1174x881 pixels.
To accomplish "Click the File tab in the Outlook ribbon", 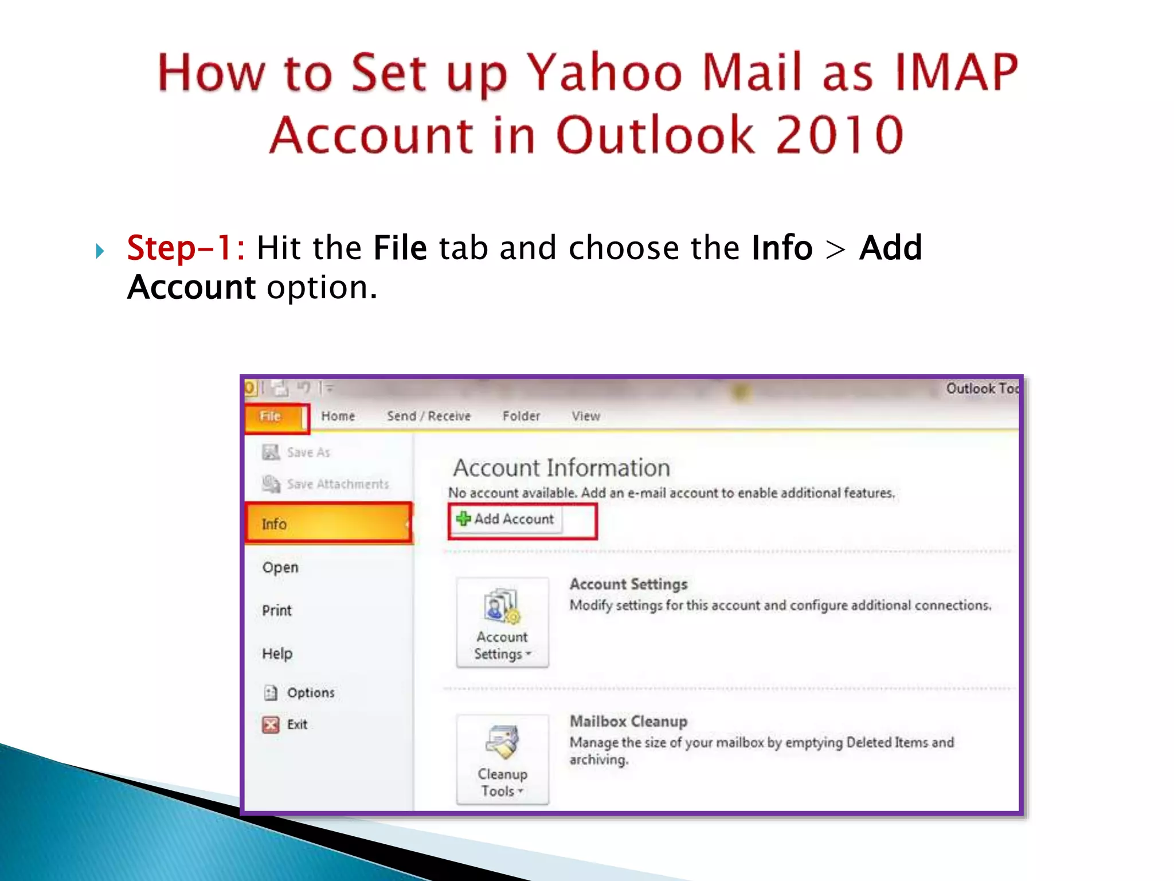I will pos(271,416).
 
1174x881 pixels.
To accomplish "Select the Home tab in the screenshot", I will pos(338,416).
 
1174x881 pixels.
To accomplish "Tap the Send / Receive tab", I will pos(428,416).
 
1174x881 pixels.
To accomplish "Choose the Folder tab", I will pos(521,416).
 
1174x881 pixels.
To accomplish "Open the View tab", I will pos(585,416).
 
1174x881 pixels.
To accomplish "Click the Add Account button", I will pos(506,519).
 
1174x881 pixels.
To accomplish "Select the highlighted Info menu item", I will pos(328,523).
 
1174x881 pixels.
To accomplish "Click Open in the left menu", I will pos(280,567).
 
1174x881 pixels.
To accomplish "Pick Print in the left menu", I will pos(277,610).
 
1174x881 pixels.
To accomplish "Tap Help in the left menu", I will pos(277,653).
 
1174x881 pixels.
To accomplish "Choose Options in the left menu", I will pos(310,693).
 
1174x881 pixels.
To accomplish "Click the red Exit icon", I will pos(271,725).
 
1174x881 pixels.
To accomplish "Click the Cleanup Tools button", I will pos(502,758).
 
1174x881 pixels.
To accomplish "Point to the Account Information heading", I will pos(561,468).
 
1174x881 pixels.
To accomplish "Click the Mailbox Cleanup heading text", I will pos(628,722).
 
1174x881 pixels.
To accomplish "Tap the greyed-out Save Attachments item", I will pos(337,484).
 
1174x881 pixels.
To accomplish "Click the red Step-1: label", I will pos(185,248).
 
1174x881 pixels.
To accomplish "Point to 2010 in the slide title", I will pos(840,135).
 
